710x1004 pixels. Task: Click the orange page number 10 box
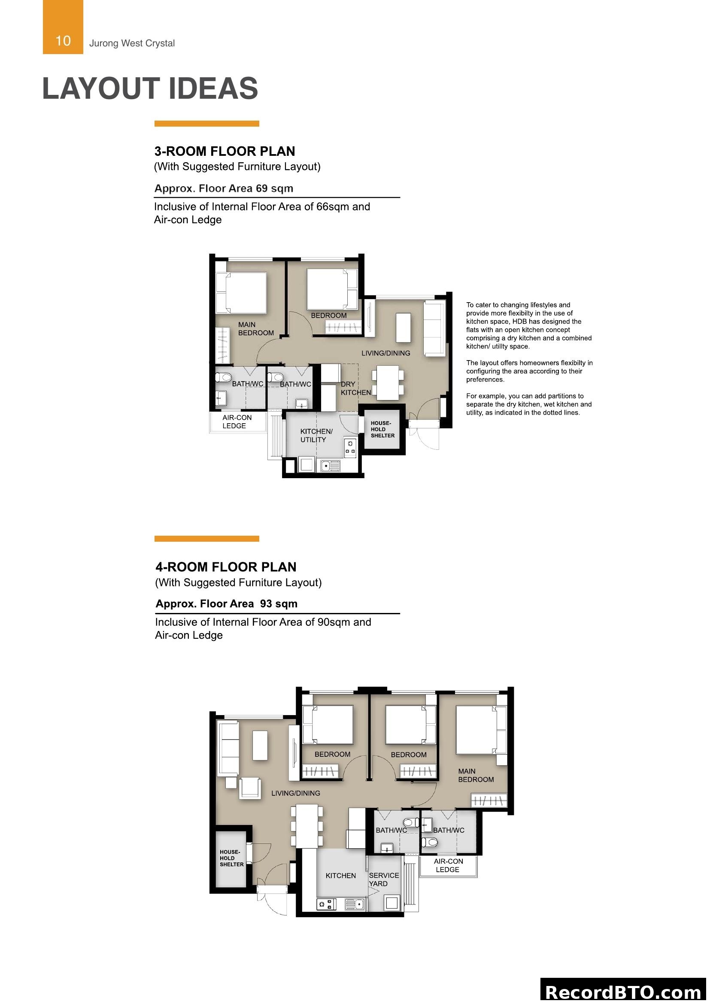(63, 27)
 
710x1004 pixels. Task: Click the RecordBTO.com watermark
(623, 991)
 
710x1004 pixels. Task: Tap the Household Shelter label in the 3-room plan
(382, 429)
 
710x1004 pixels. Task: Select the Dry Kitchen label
(355, 388)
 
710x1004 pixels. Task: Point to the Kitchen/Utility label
(316, 436)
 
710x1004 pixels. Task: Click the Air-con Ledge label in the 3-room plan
(237, 422)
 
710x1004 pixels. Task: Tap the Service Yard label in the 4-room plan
(383, 880)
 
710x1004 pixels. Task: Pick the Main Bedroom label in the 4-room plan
(475, 775)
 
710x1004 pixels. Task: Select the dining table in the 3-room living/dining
(387, 382)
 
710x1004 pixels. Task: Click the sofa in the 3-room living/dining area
(434, 328)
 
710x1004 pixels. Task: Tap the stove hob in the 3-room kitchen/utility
(350, 447)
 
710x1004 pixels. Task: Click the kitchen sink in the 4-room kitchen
(355, 904)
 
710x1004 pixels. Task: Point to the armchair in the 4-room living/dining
(250, 789)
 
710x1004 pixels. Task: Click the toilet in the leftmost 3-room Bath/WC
(224, 377)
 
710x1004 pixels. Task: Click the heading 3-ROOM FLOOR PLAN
(224, 151)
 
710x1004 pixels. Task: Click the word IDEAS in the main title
(213, 88)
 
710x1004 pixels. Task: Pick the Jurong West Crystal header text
(132, 43)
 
